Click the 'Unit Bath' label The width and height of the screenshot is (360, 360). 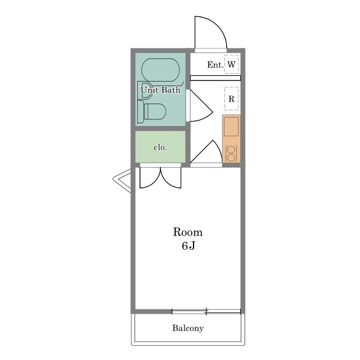pyautogui.click(x=160, y=90)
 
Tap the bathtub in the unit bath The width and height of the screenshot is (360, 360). pyautogui.click(x=160, y=70)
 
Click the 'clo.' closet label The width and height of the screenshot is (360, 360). pyautogui.click(x=160, y=147)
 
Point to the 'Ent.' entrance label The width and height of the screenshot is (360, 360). pyautogui.click(x=215, y=65)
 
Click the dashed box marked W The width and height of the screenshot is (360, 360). pyautogui.click(x=231, y=64)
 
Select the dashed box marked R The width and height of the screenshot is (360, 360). pyautogui.click(x=231, y=98)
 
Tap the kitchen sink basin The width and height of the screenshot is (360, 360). pyautogui.click(x=231, y=126)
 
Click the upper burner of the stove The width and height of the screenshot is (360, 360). pyautogui.click(x=231, y=150)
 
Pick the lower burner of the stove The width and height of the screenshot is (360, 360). pyautogui.click(x=231, y=158)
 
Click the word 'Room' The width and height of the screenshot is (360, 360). pyautogui.click(x=188, y=232)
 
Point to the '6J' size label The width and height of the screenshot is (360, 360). pyautogui.click(x=188, y=246)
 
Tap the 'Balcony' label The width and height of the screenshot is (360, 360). pyautogui.click(x=188, y=328)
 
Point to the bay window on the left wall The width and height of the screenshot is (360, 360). pyautogui.click(x=121, y=181)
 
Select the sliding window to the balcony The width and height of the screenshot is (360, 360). pyautogui.click(x=206, y=312)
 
